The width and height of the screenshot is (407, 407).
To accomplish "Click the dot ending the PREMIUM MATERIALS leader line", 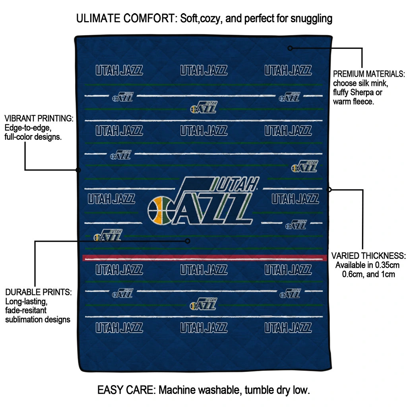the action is pos(290,48).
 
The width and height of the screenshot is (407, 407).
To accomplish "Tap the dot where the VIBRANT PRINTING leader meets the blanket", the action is pos(78,170).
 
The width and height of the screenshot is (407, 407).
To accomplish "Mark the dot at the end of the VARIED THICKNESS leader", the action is pos(329,190).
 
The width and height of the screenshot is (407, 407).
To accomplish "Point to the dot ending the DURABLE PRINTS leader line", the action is pos(188,241).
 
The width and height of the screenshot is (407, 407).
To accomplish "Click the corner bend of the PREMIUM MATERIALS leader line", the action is pos(362,48).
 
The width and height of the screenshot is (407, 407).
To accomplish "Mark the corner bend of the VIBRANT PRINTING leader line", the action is pos(25,170).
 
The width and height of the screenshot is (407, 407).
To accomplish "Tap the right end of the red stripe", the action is pos(327,258).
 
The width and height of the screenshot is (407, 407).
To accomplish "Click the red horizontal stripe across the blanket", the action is pos(205,258).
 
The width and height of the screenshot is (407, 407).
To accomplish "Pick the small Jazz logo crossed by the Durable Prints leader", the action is pos(108,235).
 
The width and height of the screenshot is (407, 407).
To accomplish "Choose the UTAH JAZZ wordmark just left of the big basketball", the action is pos(111,199).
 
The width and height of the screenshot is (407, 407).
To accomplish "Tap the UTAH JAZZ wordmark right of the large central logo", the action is pos(295,199).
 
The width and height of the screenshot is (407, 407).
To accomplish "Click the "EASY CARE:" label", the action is pos(126,390).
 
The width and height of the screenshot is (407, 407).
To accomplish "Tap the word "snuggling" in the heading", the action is pos(311,19).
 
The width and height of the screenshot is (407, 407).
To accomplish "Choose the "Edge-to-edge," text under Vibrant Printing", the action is pos(28,128).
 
